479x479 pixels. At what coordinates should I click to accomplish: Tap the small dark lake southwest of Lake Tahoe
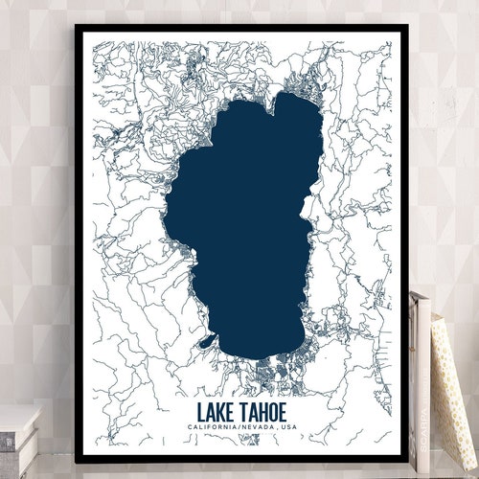pyautogui.click(x=207, y=340)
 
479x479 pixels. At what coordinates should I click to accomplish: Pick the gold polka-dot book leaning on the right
pyautogui.click(x=453, y=383)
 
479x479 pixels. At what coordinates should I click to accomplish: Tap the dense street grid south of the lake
pyautogui.click(x=278, y=364)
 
